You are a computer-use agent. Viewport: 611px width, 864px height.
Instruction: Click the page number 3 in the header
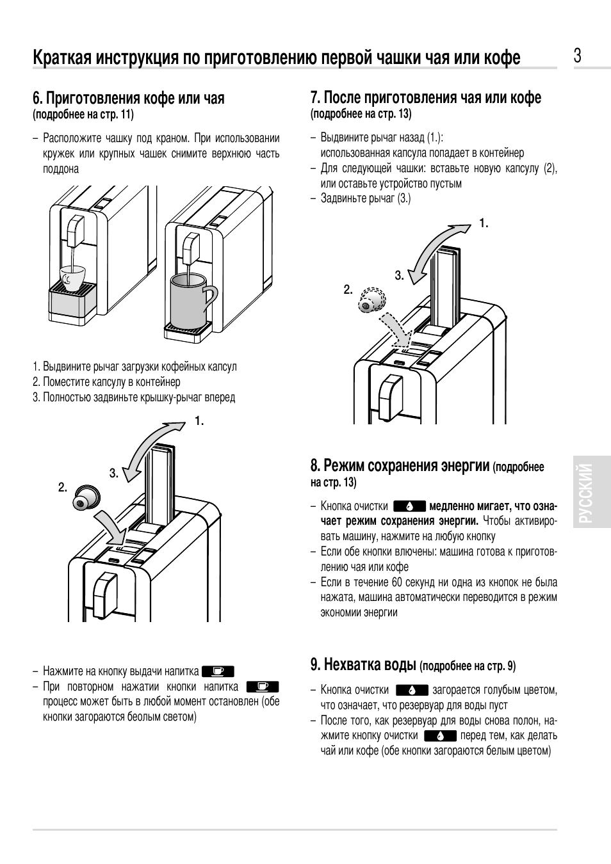click(577, 56)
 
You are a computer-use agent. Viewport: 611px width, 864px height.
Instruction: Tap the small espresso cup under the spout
click(72, 277)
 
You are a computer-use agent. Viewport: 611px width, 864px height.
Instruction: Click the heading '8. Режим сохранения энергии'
click(400, 465)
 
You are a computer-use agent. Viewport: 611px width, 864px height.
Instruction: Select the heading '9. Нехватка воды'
click(364, 665)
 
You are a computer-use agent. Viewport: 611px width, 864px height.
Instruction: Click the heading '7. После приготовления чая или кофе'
click(426, 97)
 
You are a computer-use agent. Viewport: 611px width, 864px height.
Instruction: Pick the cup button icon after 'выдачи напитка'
click(218, 671)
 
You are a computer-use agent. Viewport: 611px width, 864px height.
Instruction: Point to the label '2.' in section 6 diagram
click(63, 488)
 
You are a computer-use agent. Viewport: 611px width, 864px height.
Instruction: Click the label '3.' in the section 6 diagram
click(114, 474)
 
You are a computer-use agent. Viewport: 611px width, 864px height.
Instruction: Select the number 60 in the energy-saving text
click(397, 582)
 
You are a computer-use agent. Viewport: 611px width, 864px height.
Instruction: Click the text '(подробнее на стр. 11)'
click(83, 115)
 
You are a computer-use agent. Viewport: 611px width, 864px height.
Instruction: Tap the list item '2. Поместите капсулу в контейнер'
click(106, 382)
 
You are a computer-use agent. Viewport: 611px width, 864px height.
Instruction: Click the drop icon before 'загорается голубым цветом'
click(411, 690)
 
